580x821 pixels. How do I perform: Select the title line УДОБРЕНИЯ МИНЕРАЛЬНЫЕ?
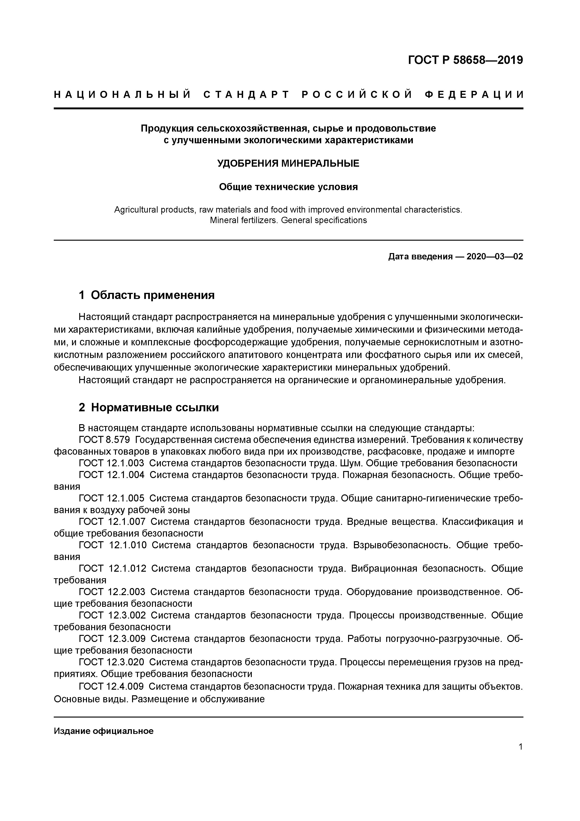coord(288,164)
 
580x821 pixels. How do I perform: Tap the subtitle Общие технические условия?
coord(288,187)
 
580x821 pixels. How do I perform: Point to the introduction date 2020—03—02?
coord(494,257)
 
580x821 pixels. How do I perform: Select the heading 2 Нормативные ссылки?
coord(149,407)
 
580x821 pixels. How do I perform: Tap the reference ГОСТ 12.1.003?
coord(111,464)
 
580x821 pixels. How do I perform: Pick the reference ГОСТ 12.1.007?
coord(112,522)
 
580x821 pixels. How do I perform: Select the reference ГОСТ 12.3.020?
coord(111,662)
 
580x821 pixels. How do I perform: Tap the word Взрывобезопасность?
coord(402,545)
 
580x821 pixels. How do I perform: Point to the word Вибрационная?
coord(384,569)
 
